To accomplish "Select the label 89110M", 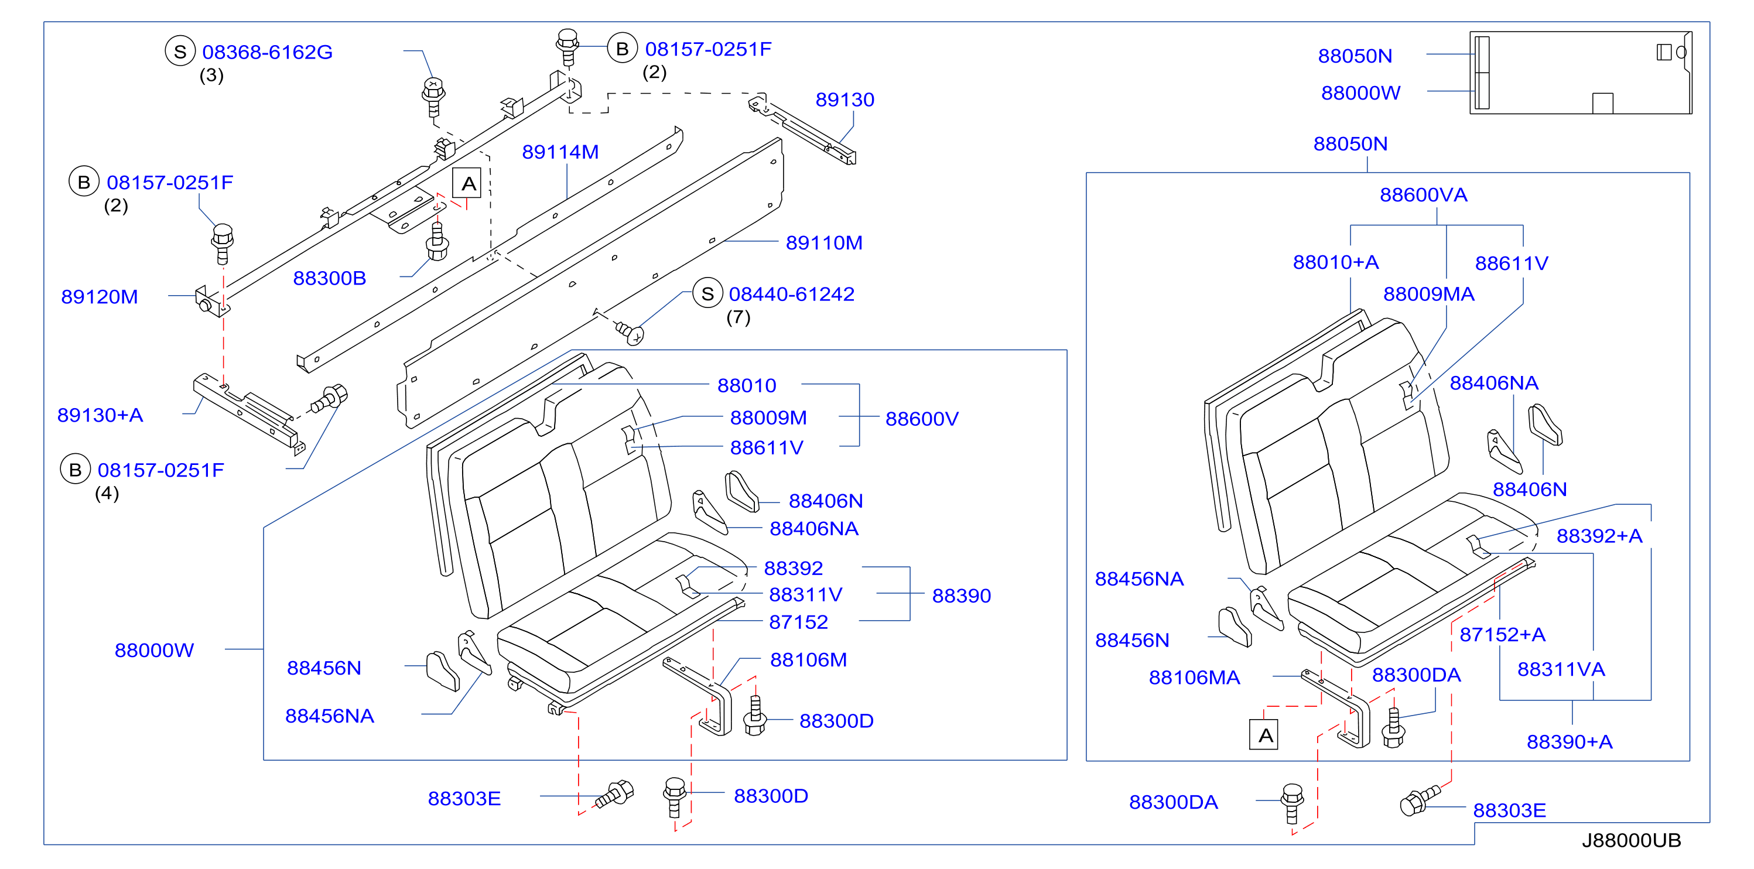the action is [824, 242].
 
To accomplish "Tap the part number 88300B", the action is [330, 278].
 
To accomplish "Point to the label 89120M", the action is [100, 297].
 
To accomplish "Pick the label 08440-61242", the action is [791, 294].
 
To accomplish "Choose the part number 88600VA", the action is [1423, 195].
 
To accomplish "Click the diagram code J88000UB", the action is [1631, 840].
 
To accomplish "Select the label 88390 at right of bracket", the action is [961, 596].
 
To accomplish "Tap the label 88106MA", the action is [1194, 678].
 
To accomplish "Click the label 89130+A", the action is [100, 415].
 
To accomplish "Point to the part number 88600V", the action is [921, 419].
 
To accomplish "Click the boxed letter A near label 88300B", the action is [468, 183].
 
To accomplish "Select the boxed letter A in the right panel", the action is [1264, 735].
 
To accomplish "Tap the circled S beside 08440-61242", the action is [707, 293].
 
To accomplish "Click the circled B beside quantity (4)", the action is [75, 469].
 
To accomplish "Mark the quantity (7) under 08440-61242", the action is [738, 317].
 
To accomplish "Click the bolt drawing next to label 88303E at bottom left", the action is [615, 794].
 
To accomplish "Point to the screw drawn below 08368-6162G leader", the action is [434, 97].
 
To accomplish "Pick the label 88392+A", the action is [1599, 536].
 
